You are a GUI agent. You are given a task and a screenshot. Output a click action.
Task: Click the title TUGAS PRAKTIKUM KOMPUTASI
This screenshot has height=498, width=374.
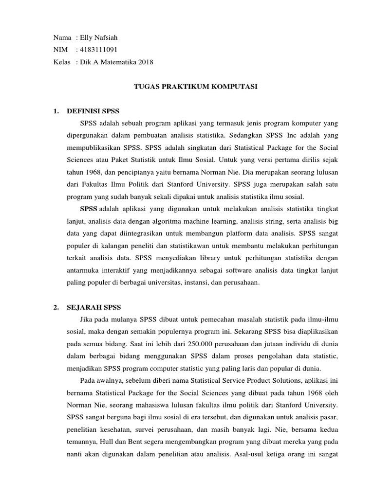coord(195,87)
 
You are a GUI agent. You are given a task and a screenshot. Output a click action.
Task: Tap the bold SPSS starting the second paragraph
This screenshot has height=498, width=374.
coord(89,209)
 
